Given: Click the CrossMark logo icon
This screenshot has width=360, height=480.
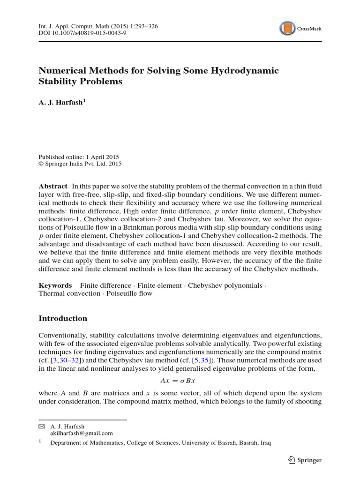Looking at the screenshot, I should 287,29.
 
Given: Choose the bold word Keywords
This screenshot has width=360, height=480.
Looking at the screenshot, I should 55,285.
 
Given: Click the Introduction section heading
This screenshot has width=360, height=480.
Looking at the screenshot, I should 63,318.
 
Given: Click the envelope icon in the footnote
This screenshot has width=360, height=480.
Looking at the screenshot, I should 42,427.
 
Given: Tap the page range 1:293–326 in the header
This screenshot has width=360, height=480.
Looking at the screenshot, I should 142,26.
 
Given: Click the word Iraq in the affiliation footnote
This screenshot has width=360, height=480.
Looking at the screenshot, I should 265,442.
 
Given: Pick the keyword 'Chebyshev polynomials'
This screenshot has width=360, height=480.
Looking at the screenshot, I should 225,285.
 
